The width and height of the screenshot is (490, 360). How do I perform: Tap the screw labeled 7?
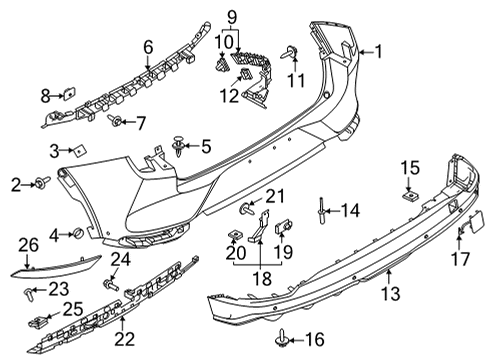116,121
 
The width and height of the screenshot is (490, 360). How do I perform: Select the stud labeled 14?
319,210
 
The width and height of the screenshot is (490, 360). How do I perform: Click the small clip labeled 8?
67,96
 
